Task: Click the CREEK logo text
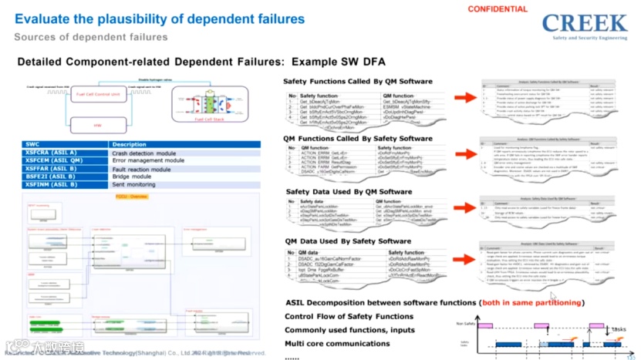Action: pos(583,22)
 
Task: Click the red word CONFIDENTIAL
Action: pos(498,9)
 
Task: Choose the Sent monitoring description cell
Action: pos(137,185)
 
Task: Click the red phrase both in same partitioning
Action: pos(531,303)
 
